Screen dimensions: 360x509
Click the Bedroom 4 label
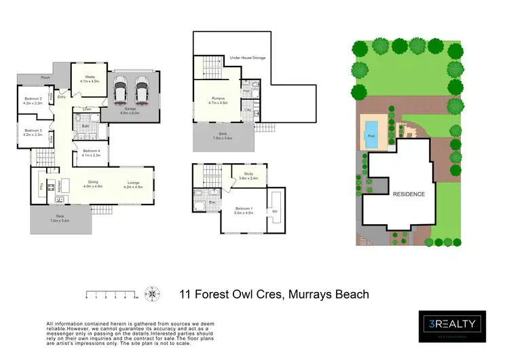point(91,154)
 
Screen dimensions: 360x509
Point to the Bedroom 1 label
point(244,210)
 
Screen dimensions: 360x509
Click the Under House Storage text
point(247,58)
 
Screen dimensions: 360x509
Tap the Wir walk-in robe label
point(276,210)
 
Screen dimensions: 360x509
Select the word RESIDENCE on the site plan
point(409,194)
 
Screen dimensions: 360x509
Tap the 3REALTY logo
point(451,325)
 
